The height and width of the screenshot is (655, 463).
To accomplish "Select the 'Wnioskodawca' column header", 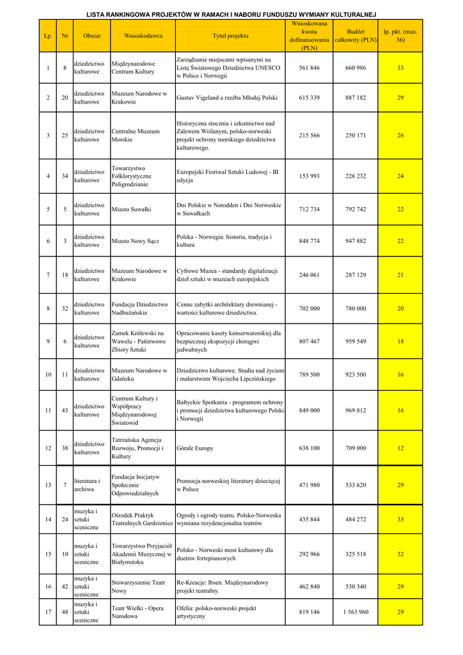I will tap(143, 36).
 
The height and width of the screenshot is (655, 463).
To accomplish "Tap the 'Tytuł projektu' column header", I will tap(230, 36).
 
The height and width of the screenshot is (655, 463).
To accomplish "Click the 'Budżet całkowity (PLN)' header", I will tap(356, 36).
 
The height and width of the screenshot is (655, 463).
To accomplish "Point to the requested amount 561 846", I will tap(309, 68).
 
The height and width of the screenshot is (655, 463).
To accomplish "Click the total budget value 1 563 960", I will tap(356, 612).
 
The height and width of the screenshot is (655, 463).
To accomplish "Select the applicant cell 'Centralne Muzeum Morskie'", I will tap(136, 136).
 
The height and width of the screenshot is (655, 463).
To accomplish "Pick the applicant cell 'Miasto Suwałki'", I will tap(131, 209).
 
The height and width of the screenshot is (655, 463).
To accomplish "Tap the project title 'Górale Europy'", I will tap(195, 448).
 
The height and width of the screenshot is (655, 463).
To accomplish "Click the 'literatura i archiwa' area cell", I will tap(87, 485).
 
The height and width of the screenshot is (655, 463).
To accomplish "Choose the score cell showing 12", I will tap(400, 448).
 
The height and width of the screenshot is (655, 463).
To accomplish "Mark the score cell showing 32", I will tap(400, 554).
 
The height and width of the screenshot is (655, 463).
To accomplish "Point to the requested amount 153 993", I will tap(309, 176).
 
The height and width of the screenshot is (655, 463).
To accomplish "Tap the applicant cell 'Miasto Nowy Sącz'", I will tap(135, 241).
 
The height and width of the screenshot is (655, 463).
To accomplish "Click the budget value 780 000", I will tap(356, 308).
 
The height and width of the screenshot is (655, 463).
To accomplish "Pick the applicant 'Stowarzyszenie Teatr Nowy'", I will tap(138, 587).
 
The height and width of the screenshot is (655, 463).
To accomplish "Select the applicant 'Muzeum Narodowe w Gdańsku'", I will tap(139, 375).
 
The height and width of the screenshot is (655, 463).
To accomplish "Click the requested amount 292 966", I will tap(309, 554).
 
